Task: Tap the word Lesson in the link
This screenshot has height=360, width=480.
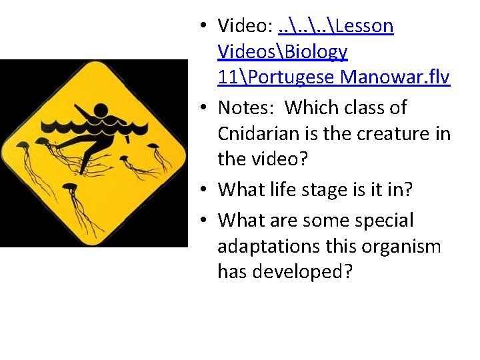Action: pyautogui.click(x=365, y=26)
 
